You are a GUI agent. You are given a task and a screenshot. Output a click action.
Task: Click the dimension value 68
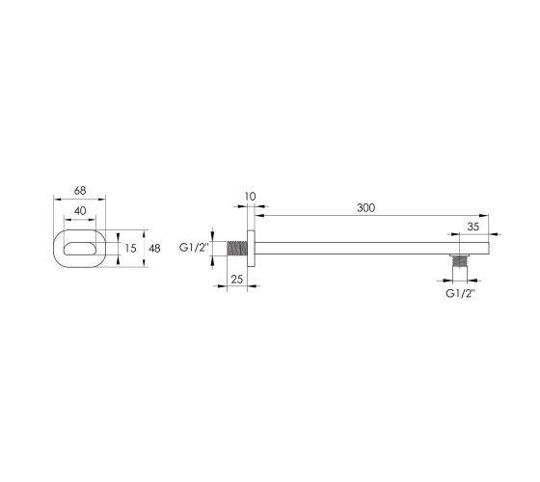(80, 191)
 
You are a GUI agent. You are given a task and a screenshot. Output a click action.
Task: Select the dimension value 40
(80, 211)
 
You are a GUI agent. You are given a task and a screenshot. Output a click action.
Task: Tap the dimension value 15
(130, 248)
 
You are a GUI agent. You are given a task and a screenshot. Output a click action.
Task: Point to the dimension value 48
(154, 249)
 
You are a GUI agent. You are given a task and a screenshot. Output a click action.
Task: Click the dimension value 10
(251, 197)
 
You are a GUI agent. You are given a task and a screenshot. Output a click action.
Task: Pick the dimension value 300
(365, 208)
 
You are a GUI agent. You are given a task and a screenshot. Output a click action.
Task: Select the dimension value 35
(473, 227)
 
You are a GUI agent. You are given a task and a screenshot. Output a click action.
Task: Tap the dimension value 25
(237, 280)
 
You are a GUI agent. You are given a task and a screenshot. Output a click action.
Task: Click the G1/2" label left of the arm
(194, 248)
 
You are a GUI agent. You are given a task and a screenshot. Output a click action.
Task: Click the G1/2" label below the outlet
(461, 294)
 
